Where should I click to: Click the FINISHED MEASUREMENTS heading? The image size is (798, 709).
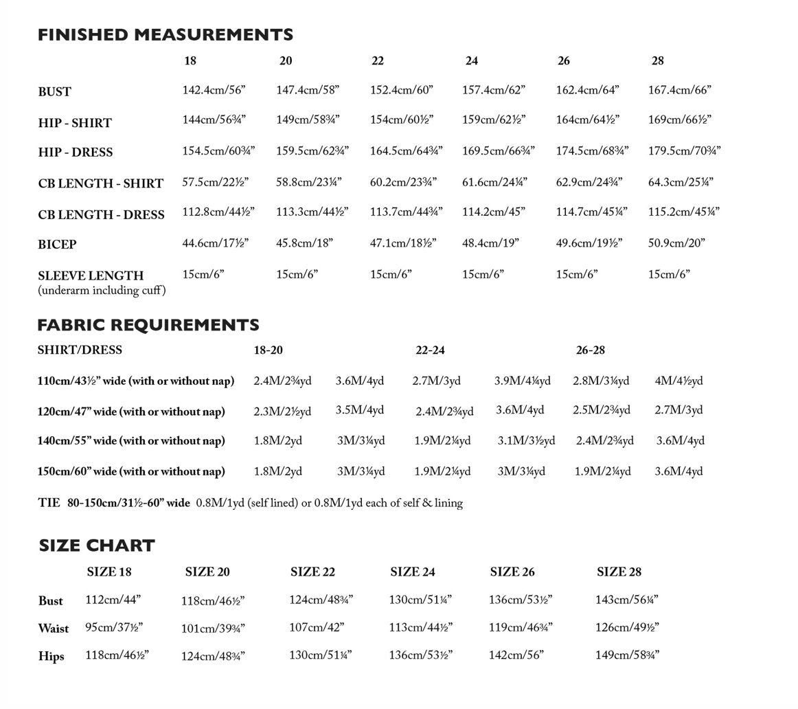tap(165, 34)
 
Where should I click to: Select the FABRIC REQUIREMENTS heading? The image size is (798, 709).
tap(148, 325)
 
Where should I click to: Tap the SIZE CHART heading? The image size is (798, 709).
tap(97, 545)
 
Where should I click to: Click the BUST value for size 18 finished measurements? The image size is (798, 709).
tap(214, 90)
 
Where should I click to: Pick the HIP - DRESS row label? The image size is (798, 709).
tap(76, 153)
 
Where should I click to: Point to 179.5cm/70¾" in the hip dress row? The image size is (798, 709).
tap(684, 150)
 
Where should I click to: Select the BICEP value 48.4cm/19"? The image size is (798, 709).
tap(490, 243)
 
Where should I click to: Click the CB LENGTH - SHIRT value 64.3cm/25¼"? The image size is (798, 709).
tap(681, 182)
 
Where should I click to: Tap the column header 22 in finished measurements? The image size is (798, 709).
tap(378, 61)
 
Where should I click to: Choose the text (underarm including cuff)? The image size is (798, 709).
tap(102, 291)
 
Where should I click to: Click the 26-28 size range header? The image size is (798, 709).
tap(591, 350)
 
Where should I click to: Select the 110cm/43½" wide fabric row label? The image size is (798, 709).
tap(136, 381)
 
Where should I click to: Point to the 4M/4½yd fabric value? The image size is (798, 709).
tap(679, 381)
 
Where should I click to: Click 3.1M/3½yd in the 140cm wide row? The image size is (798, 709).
tap(526, 440)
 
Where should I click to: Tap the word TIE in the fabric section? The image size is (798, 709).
tap(49, 503)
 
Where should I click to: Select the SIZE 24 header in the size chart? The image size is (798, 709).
tap(412, 572)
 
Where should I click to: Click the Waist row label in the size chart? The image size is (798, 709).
tap(54, 628)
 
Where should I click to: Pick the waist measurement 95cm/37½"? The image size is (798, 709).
tap(114, 627)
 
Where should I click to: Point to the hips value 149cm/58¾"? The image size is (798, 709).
tap(627, 655)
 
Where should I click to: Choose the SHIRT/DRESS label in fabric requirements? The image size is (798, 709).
tap(80, 350)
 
